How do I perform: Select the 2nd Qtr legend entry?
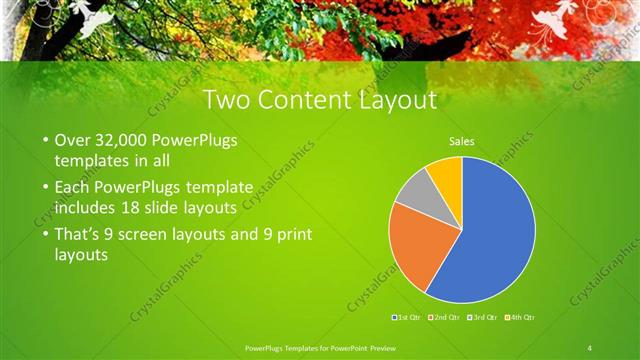(443, 317)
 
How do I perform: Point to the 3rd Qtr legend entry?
(483, 317)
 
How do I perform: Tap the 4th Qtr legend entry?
(520, 317)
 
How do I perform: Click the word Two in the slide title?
(225, 100)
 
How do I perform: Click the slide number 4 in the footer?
(590, 346)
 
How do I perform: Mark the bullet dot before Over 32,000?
(46, 140)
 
